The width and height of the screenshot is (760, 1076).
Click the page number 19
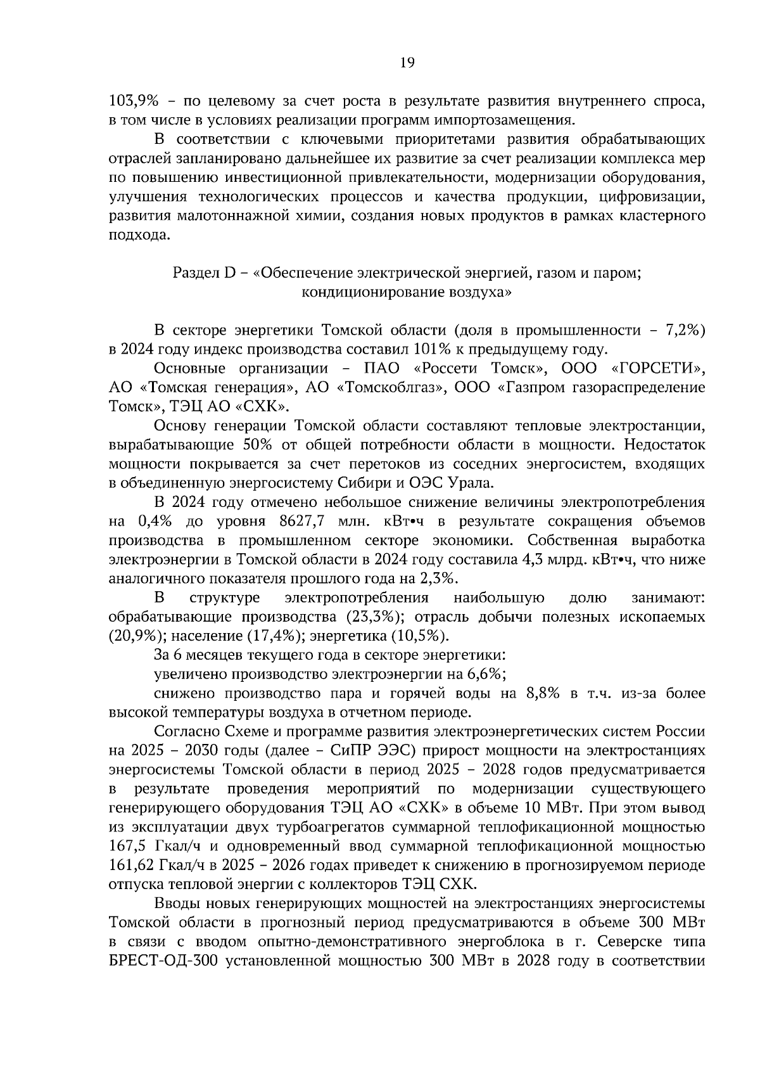click(407, 62)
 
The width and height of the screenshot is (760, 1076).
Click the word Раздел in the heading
click(194, 273)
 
